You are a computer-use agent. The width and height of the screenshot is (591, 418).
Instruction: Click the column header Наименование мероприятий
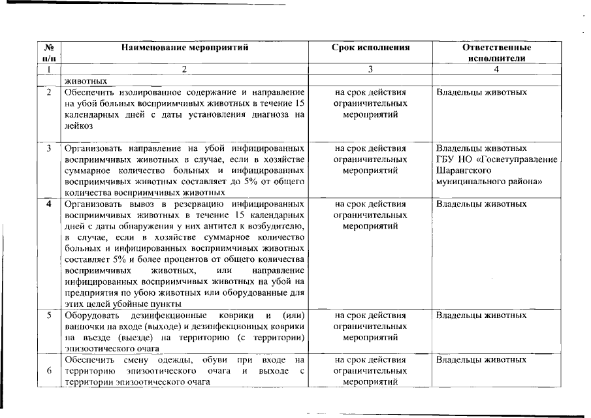pyautogui.click(x=185, y=48)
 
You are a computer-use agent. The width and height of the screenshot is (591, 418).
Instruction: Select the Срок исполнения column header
pyautogui.click(x=370, y=48)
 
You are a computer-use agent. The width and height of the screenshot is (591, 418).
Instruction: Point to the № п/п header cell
pyautogui.click(x=48, y=53)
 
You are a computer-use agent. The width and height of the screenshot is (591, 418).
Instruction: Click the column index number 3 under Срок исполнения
pyautogui.click(x=370, y=69)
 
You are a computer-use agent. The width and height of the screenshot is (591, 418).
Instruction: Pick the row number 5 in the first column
pyautogui.click(x=49, y=315)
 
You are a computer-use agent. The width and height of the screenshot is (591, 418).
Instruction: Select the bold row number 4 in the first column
pyautogui.click(x=49, y=204)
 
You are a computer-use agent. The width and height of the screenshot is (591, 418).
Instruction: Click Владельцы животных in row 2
pyautogui.click(x=481, y=92)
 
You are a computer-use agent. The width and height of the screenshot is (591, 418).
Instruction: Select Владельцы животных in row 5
pyautogui.click(x=481, y=315)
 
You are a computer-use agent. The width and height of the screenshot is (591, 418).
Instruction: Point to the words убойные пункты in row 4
pyautogui.click(x=145, y=304)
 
